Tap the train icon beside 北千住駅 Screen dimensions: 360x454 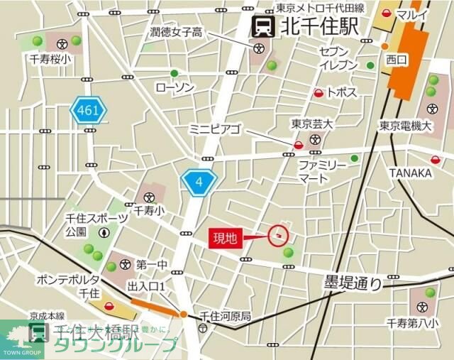pos(264,28)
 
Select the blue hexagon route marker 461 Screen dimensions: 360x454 pos(88,111)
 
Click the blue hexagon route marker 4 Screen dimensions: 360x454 pos(199,182)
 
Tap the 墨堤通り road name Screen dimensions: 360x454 pos(353,283)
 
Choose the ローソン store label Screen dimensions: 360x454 pos(175,87)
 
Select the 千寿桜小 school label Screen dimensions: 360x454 pos(50,60)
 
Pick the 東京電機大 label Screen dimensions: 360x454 pos(405,126)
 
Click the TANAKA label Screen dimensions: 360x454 pos(410,173)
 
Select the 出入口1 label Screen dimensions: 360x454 pos(147,285)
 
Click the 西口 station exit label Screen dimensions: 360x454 pos(396,62)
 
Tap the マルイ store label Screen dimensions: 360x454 pos(412,16)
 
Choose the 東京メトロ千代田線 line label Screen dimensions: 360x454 pos(321,9)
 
